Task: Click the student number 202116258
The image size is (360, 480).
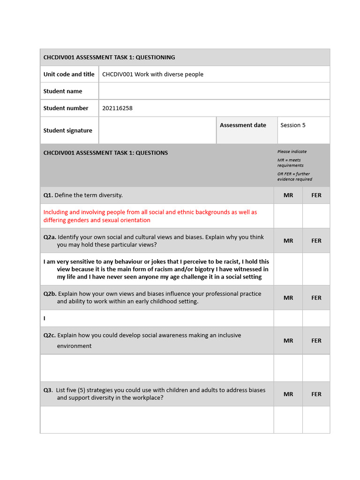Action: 117,108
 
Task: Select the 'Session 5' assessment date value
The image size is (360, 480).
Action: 292,125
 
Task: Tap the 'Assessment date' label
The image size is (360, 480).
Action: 243,125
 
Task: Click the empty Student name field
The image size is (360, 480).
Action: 214,91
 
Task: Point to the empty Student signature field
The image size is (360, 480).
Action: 157,130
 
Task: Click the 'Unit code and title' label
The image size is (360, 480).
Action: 69,74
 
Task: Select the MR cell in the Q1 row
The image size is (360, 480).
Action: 288,195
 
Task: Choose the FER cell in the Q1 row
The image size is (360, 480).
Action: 316,195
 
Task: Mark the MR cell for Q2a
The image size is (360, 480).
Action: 288,241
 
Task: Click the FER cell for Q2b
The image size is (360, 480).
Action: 316,298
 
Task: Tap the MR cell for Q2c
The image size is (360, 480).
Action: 288,341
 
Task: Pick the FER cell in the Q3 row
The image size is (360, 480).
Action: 316,394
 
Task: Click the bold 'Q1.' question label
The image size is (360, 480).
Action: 48,195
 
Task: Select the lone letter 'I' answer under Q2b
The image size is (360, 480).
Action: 45,318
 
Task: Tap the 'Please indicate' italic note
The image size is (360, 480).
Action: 292,152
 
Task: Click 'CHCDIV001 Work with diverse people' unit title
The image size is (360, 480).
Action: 153,74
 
